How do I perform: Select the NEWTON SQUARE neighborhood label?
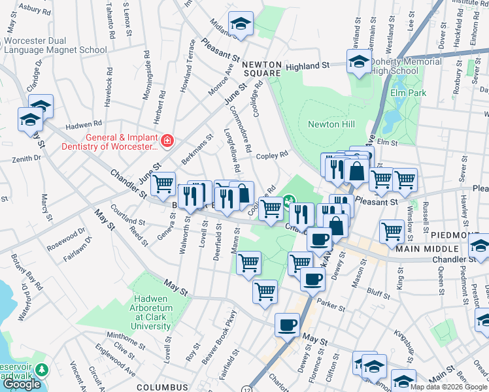click(261, 69)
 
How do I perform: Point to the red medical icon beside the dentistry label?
click(167, 140)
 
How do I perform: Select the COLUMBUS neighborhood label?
click(163, 387)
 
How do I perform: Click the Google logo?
click(22, 384)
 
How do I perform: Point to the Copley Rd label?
click(272, 155)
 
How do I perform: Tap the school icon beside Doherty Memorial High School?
click(358, 62)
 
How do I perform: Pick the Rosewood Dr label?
click(67, 238)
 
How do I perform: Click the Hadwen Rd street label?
click(84, 123)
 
